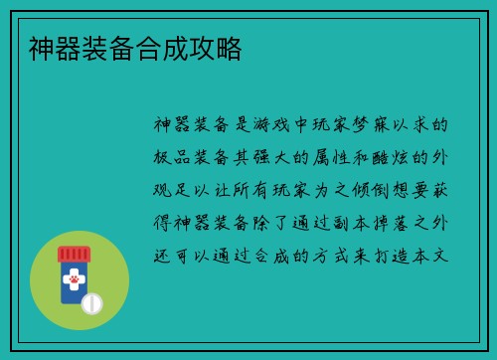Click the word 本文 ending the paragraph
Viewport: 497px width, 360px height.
[x=434, y=256]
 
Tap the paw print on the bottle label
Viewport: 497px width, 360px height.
[x=72, y=281]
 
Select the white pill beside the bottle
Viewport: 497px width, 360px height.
[x=91, y=303]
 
